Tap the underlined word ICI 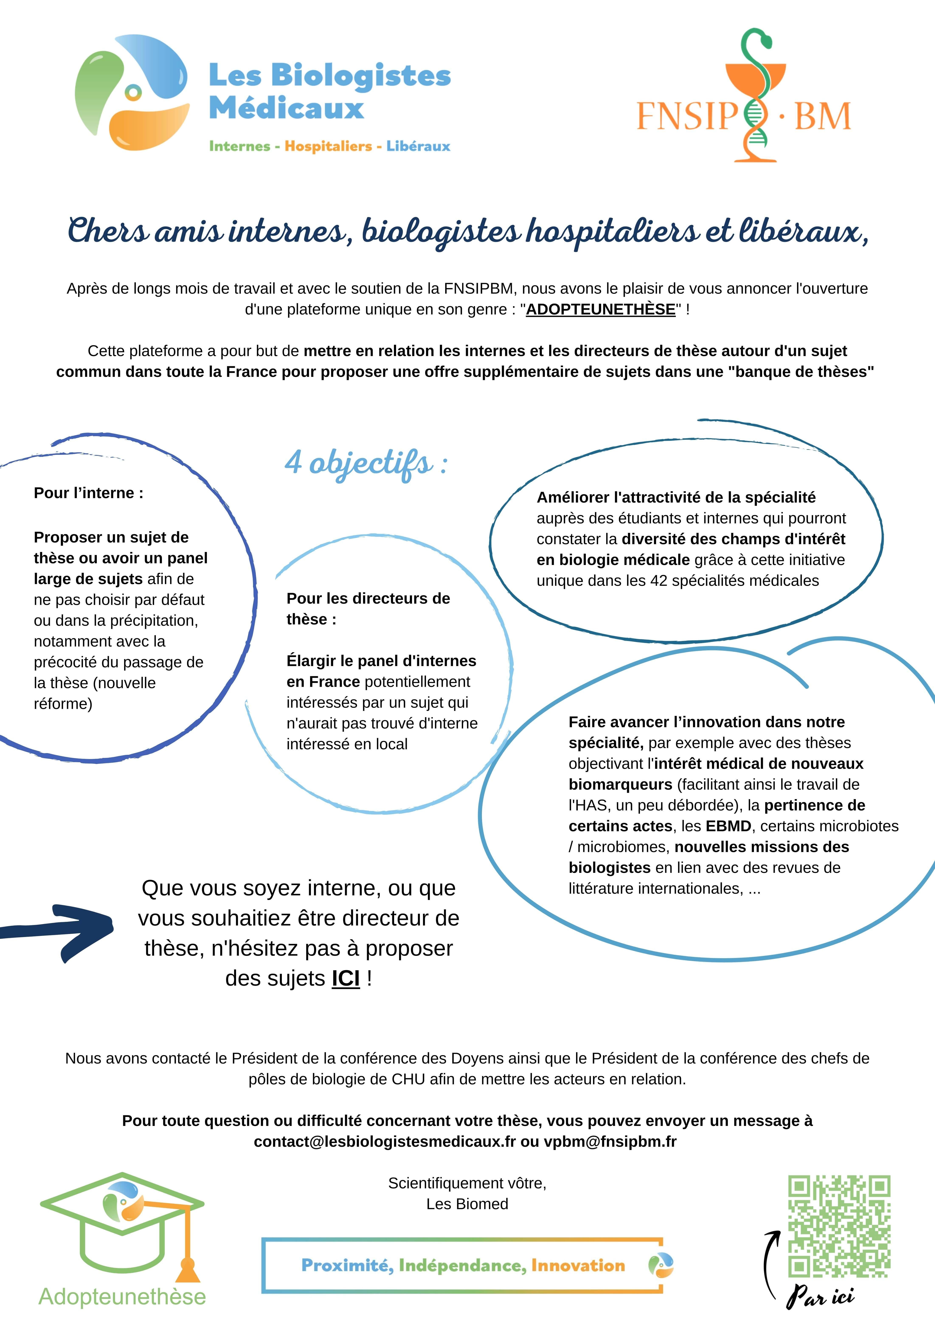click(346, 979)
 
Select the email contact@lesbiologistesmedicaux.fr click(384, 1141)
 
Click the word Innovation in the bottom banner click(578, 1266)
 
